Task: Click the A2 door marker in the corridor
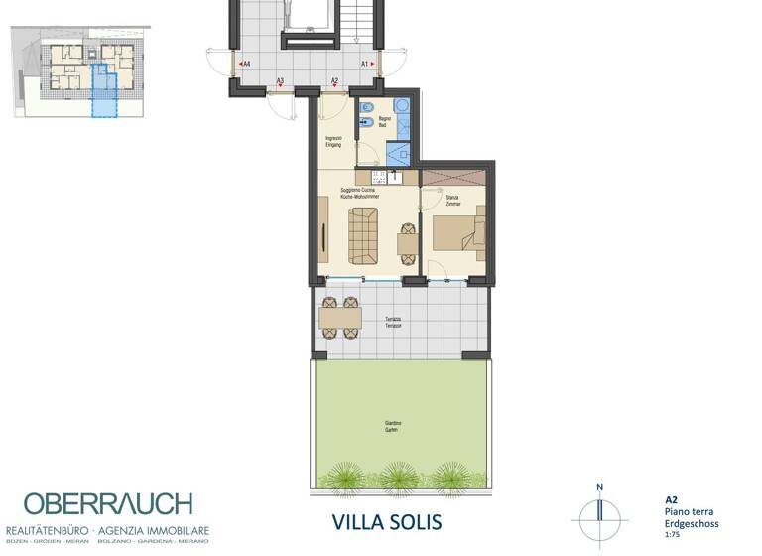(334, 80)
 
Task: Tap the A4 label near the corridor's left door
(245, 64)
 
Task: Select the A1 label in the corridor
(365, 64)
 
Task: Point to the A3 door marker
(280, 80)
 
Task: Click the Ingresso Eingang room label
(333, 141)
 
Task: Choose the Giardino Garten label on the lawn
(394, 427)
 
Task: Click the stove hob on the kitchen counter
(394, 178)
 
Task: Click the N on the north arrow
(600, 486)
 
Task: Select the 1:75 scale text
(673, 535)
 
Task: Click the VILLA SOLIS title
(385, 522)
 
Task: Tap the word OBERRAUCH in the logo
(109, 504)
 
